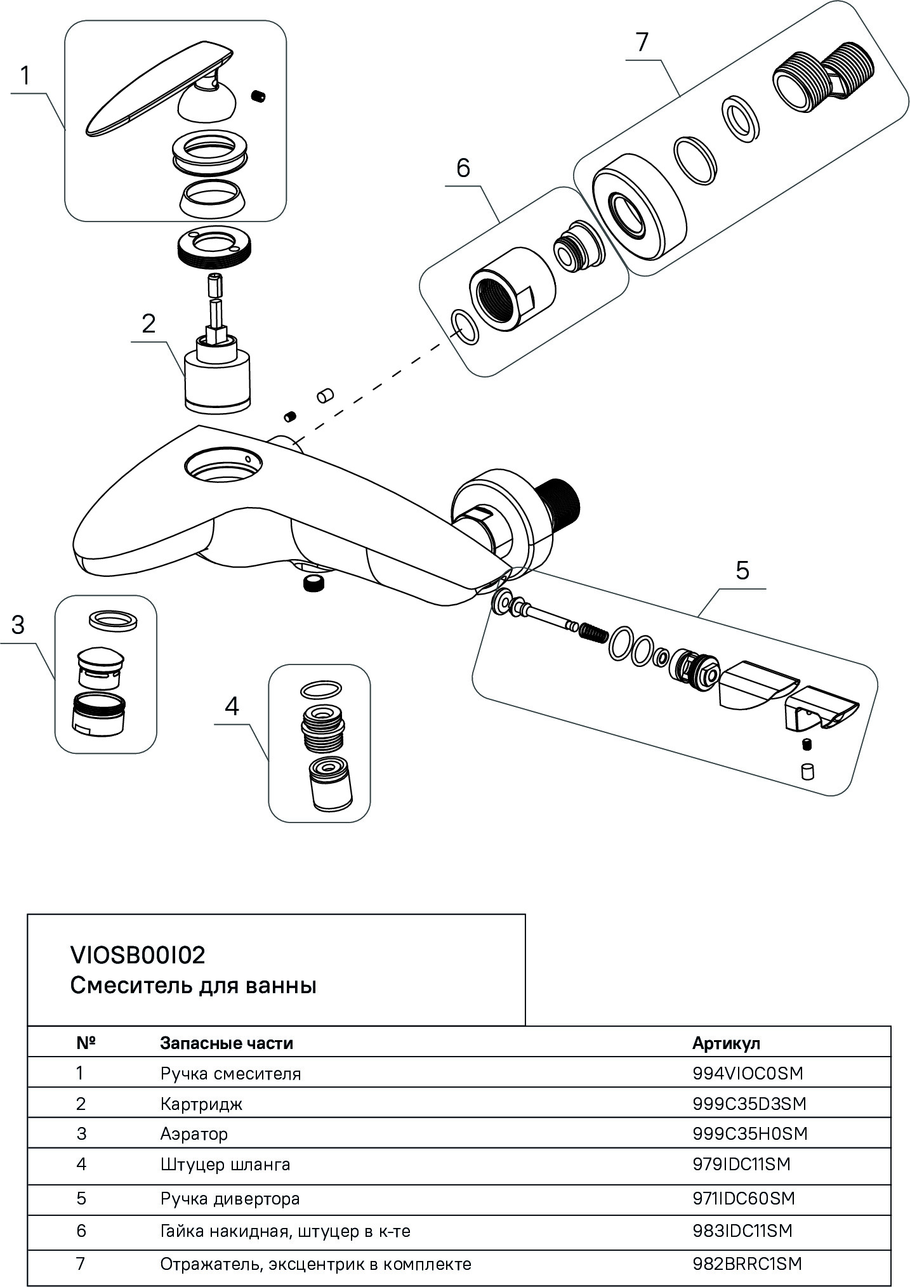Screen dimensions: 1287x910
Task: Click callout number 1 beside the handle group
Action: (25, 76)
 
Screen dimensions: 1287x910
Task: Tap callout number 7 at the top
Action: (642, 42)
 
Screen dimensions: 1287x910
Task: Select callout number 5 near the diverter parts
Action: (742, 571)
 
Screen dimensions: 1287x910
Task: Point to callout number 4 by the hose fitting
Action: (232, 706)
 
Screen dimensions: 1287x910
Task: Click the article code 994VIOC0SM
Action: (748, 1073)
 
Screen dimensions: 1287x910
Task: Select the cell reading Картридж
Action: (201, 1104)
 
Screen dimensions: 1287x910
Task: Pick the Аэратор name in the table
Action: (194, 1133)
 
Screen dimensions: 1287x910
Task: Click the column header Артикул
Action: (726, 1043)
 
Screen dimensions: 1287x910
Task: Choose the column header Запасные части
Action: (227, 1043)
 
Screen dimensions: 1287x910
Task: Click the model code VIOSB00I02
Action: (138, 955)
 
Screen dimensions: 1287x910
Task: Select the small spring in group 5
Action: (593, 633)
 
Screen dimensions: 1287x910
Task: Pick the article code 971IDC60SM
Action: (744, 1199)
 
